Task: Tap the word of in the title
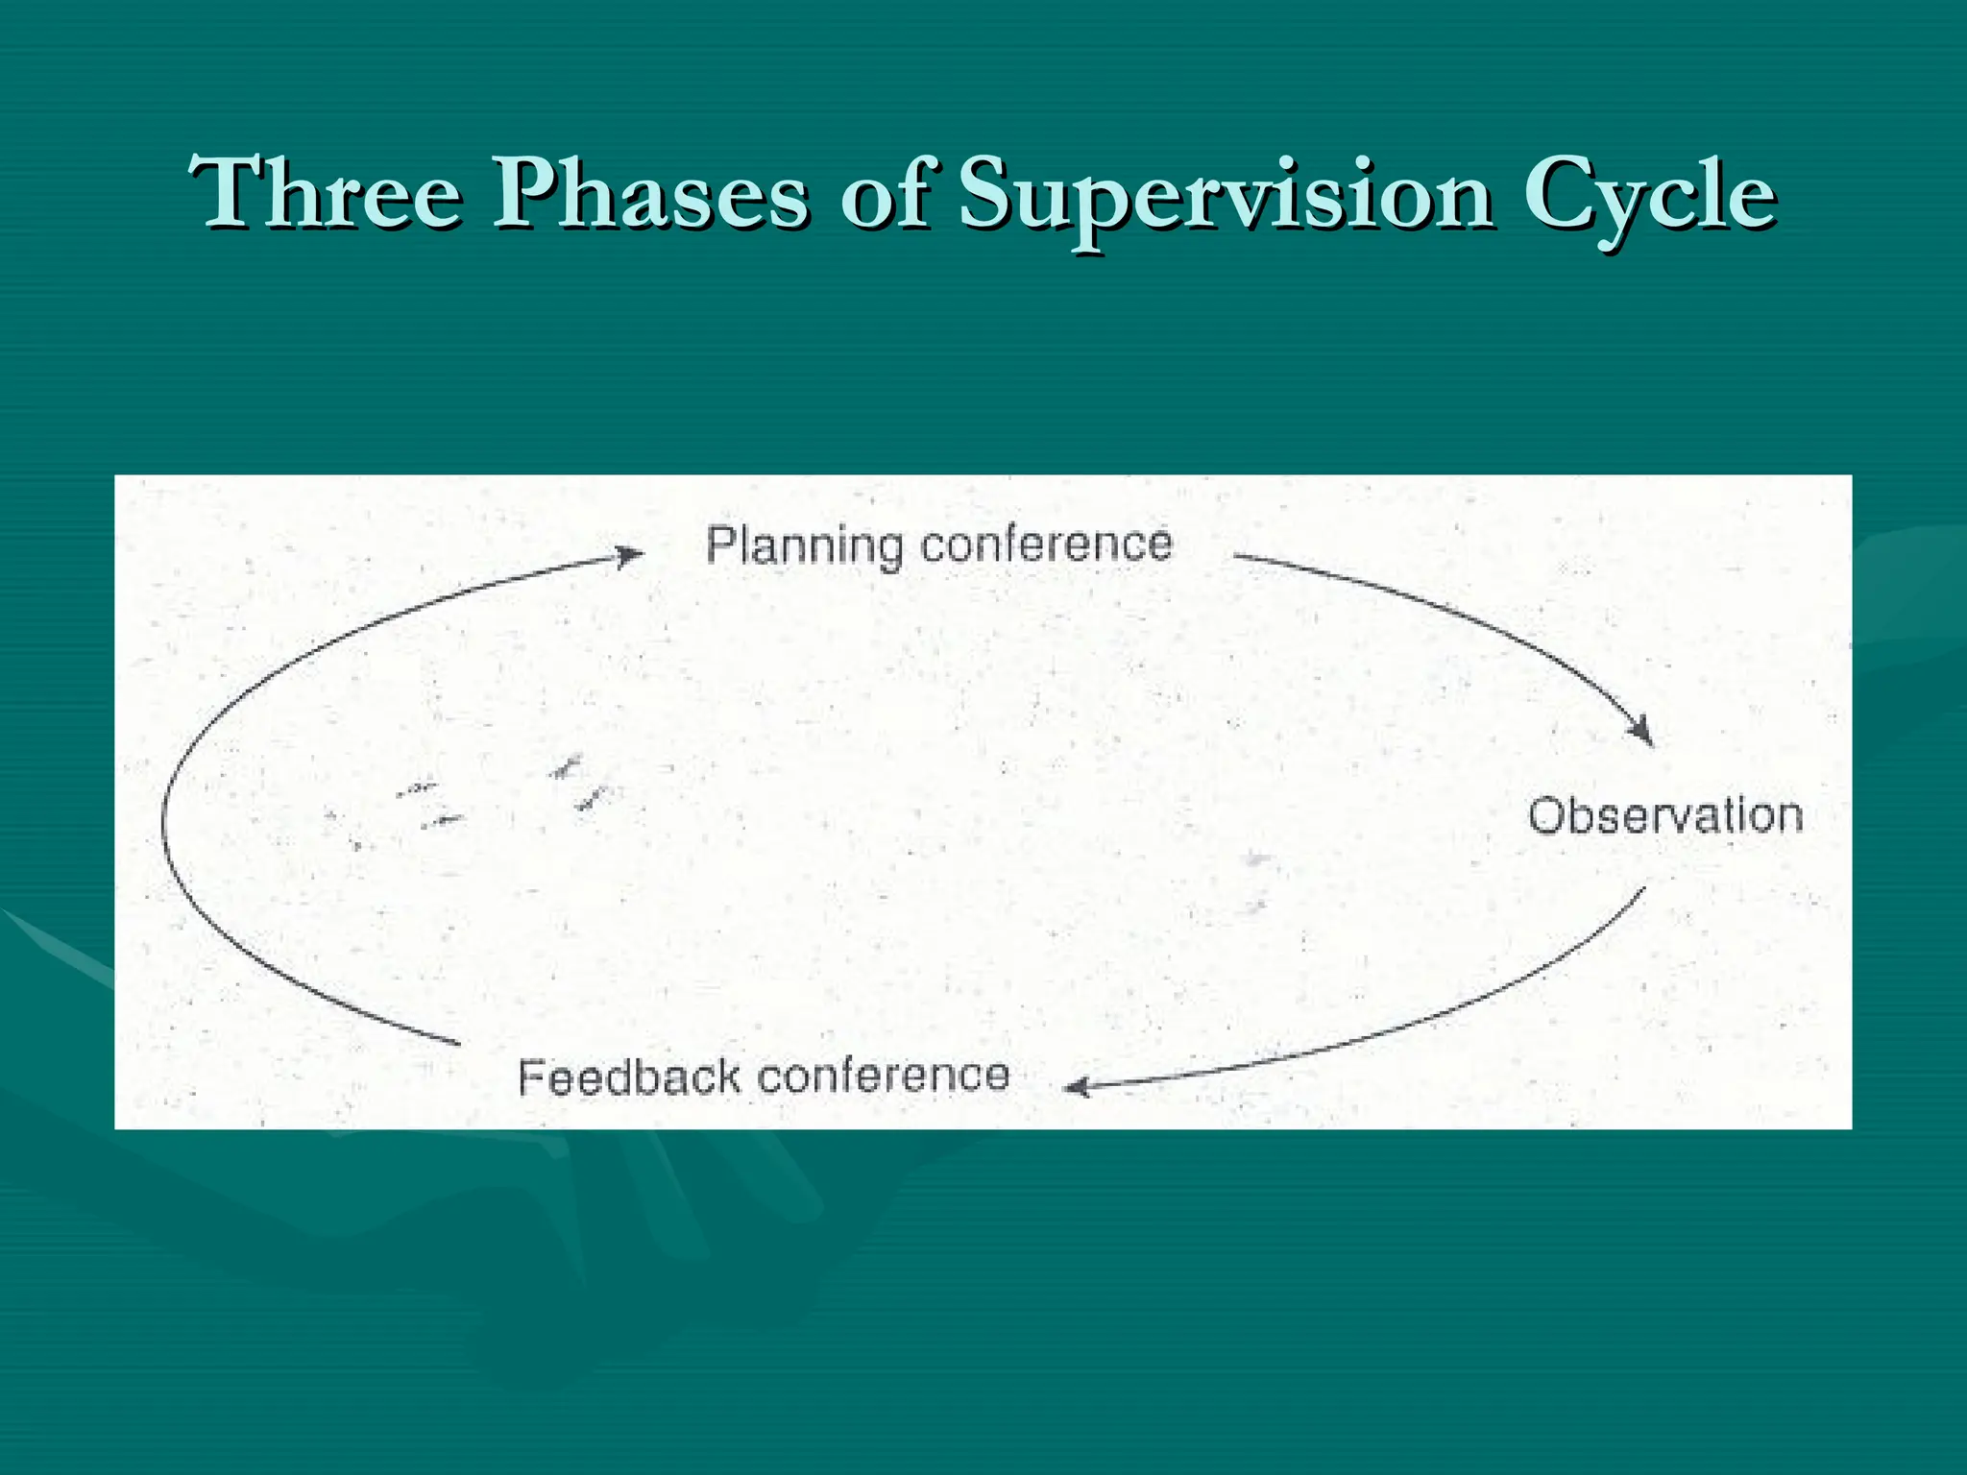[885, 194]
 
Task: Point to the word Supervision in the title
[1226, 196]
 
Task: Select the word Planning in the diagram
[804, 545]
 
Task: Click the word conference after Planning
[1046, 544]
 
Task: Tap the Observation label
[1664, 816]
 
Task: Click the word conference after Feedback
[884, 1076]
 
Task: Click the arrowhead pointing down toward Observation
[1641, 732]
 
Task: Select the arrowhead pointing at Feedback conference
[1078, 1087]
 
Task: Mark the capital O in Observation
[1545, 816]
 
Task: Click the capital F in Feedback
[531, 1076]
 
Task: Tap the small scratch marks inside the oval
[576, 783]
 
